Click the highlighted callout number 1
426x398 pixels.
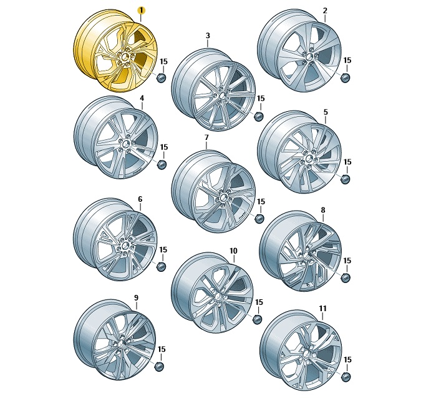click(x=142, y=11)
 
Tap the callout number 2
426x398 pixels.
click(x=325, y=11)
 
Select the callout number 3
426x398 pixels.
click(x=208, y=36)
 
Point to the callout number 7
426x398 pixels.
click(x=206, y=137)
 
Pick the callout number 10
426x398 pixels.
click(x=233, y=251)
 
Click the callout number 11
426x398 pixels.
click(x=322, y=309)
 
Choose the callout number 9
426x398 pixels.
click(x=137, y=298)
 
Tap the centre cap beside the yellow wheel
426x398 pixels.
click(x=162, y=77)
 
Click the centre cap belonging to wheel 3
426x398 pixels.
click(x=259, y=116)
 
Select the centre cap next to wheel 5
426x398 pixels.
click(x=346, y=179)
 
